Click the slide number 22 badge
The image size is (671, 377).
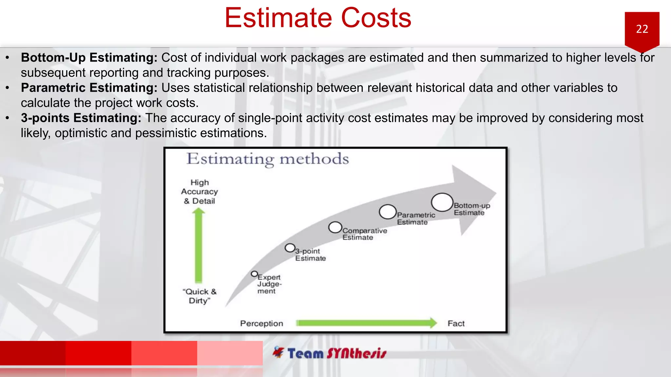[x=642, y=29]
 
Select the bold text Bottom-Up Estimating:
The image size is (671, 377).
[x=89, y=58]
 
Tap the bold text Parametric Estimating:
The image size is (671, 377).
[x=89, y=88]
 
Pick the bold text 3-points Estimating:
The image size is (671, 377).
[x=81, y=118]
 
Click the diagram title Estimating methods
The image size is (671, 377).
[x=267, y=159]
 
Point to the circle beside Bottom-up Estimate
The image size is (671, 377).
[x=442, y=202]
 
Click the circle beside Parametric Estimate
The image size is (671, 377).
[x=388, y=212]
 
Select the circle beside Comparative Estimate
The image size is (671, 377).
[x=335, y=227]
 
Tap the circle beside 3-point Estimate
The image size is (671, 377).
[x=290, y=248]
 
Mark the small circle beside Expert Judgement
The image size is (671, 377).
[x=254, y=274]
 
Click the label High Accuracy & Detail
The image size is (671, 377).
[x=199, y=192]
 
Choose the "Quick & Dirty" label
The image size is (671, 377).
[x=200, y=296]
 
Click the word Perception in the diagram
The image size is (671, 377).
[x=261, y=323]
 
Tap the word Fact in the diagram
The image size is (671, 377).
[x=456, y=323]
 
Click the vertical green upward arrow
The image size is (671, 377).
[x=199, y=245]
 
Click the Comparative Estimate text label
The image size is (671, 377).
[x=364, y=234]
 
